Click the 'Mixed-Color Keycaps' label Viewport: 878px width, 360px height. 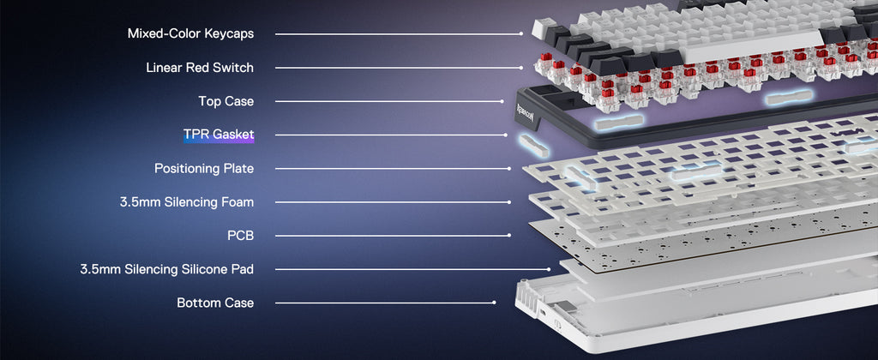click(x=190, y=33)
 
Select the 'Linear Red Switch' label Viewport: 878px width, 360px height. click(x=199, y=67)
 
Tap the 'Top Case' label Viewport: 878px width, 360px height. click(x=226, y=101)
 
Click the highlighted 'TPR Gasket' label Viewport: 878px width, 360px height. click(x=219, y=135)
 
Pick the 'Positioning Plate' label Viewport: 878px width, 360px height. click(x=204, y=168)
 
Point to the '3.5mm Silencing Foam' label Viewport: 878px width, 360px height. click(x=186, y=202)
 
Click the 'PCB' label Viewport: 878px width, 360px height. click(x=240, y=236)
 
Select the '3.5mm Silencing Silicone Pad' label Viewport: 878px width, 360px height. click(x=167, y=269)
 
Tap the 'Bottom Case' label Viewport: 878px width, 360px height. click(x=215, y=303)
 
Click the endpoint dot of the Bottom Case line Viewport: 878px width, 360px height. click(x=494, y=303)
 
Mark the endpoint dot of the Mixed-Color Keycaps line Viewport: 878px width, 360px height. click(x=521, y=34)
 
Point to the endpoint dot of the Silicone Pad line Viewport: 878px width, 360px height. click(x=550, y=269)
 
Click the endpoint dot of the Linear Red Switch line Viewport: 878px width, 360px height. click(x=521, y=68)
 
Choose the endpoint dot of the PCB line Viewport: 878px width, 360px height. click(x=509, y=236)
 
